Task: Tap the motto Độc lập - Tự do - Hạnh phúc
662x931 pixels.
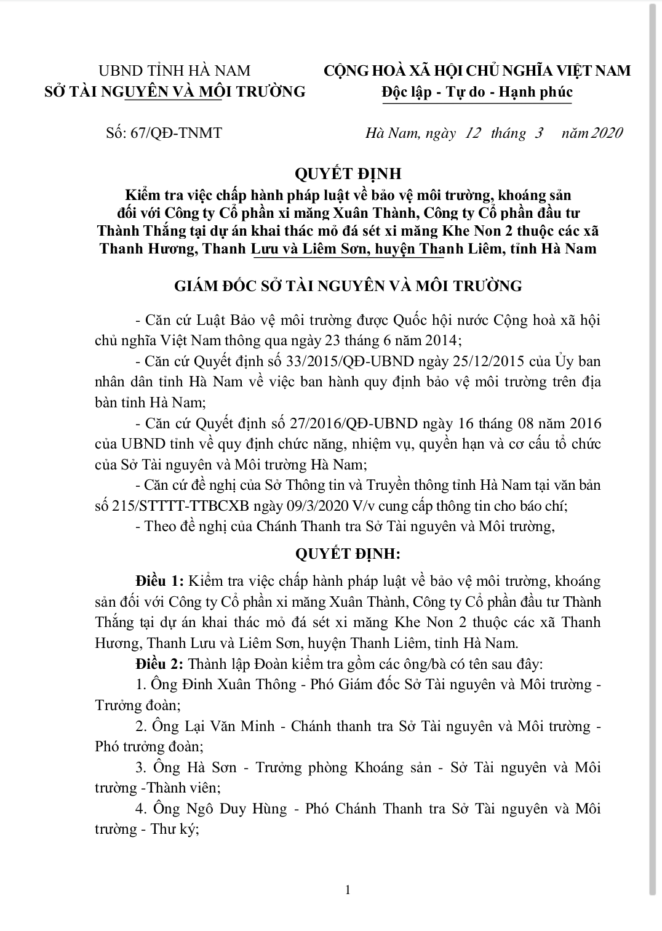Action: click(477, 92)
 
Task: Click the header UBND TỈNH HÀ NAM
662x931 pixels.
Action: click(175, 71)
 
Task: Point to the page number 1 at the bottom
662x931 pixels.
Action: click(348, 889)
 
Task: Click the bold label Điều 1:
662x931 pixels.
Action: click(159, 580)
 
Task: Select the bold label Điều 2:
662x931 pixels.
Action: click(159, 664)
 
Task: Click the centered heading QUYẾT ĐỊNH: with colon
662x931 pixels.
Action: click(348, 553)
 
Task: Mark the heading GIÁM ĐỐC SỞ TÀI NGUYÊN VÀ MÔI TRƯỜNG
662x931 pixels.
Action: click(348, 286)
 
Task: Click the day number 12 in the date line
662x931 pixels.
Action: click(473, 133)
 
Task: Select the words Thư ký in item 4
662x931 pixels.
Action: click(173, 829)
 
